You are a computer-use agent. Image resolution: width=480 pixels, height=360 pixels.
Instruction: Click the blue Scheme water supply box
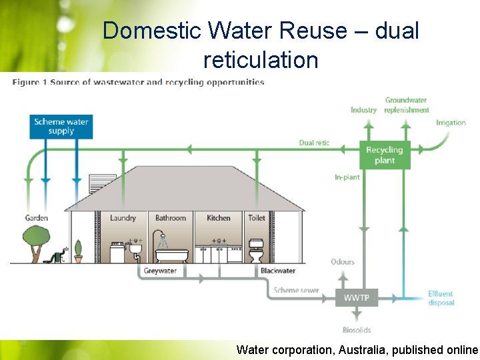click(x=61, y=126)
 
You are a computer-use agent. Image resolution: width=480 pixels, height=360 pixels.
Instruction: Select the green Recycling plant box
click(x=385, y=155)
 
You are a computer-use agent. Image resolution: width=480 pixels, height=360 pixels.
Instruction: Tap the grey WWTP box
click(x=357, y=297)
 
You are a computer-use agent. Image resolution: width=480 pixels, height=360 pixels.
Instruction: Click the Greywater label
click(x=160, y=271)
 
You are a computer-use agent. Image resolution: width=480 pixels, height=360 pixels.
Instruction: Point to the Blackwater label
click(x=278, y=271)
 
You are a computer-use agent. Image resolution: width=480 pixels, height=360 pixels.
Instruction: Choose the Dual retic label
click(x=314, y=143)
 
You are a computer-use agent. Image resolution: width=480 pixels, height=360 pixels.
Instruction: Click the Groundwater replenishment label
click(x=406, y=105)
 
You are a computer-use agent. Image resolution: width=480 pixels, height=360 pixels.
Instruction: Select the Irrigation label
click(x=451, y=123)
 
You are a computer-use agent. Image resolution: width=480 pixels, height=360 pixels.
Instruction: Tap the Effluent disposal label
click(x=441, y=298)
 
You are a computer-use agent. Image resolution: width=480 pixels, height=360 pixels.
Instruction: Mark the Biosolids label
click(x=357, y=330)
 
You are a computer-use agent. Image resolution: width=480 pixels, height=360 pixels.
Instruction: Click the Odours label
click(x=343, y=262)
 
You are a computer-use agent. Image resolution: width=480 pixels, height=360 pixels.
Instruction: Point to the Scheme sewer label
click(x=296, y=291)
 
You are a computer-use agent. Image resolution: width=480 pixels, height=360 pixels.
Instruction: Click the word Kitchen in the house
click(x=219, y=218)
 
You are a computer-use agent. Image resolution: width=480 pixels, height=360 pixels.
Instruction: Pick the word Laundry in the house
click(x=123, y=218)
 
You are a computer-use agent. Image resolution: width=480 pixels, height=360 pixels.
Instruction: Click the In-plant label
click(x=347, y=177)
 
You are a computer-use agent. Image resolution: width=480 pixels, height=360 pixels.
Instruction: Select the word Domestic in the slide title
click(x=152, y=31)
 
